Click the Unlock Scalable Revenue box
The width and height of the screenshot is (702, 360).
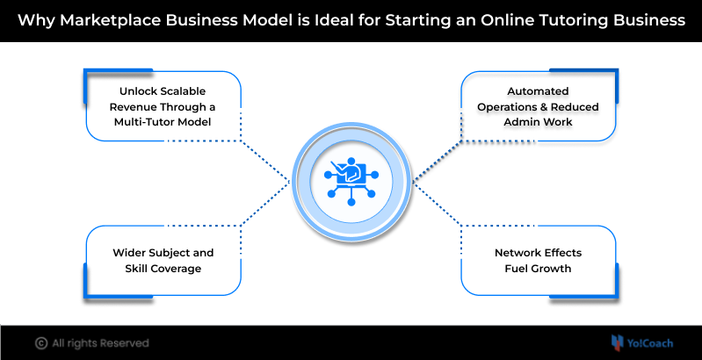[x=163, y=106]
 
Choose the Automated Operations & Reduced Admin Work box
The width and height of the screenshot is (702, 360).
[x=539, y=106]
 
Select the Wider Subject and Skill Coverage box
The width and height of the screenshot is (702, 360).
[x=163, y=260]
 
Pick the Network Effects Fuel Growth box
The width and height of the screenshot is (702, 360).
[x=539, y=260]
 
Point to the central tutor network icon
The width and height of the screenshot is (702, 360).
[x=351, y=180]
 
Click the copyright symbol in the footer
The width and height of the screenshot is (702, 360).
[x=40, y=343]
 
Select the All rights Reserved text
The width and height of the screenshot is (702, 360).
[x=100, y=343]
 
